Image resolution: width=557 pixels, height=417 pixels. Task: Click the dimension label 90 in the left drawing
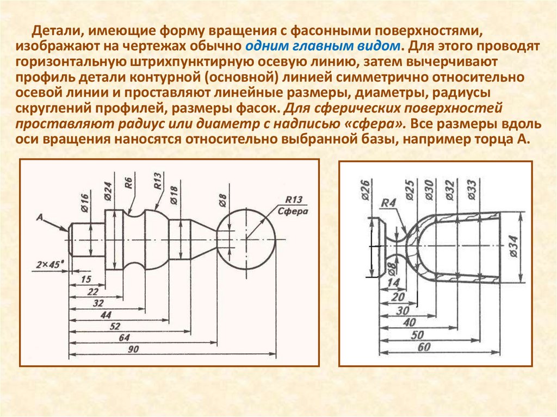[132, 350]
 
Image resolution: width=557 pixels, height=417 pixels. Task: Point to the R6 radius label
[128, 183]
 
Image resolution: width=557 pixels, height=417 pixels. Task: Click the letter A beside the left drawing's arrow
[39, 217]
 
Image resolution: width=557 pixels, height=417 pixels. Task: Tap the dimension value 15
[85, 279]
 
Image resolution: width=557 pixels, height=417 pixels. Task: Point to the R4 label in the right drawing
[387, 203]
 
